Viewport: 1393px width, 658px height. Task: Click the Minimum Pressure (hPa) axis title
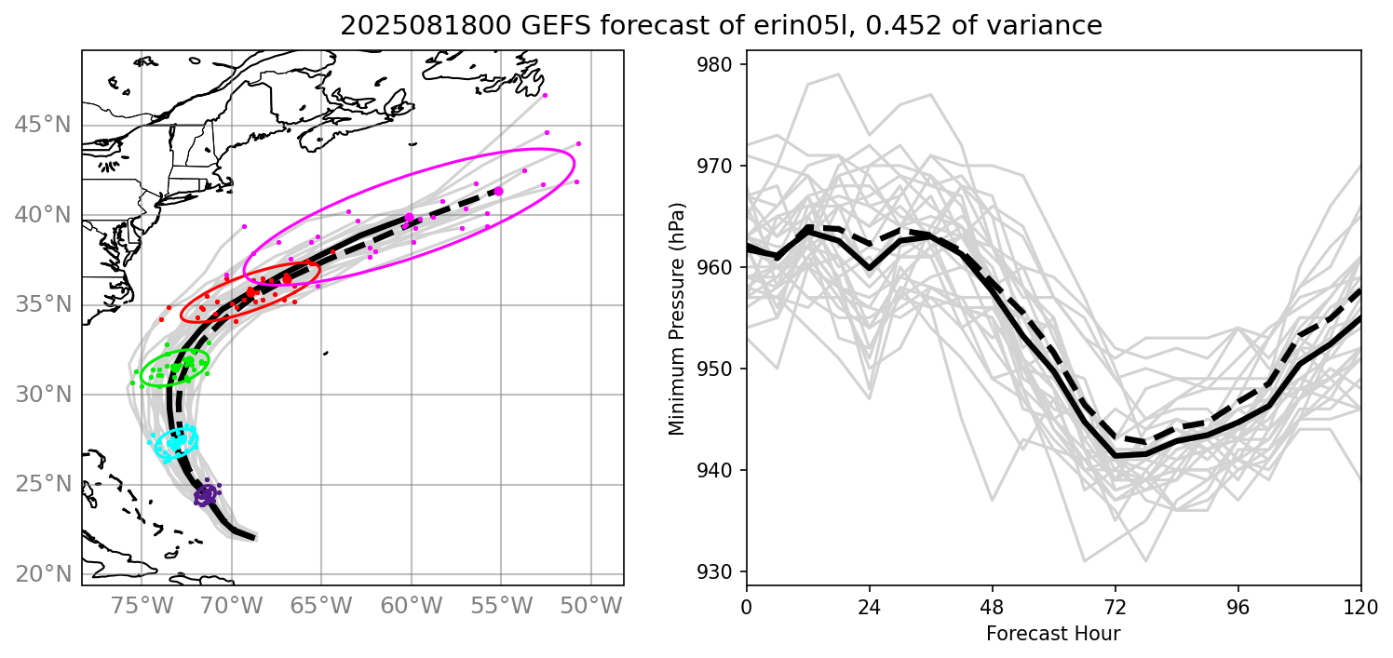677,317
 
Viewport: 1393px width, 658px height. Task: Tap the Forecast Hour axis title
1053,634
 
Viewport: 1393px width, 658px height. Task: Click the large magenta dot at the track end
498,191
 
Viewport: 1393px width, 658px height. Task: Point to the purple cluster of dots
206,495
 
